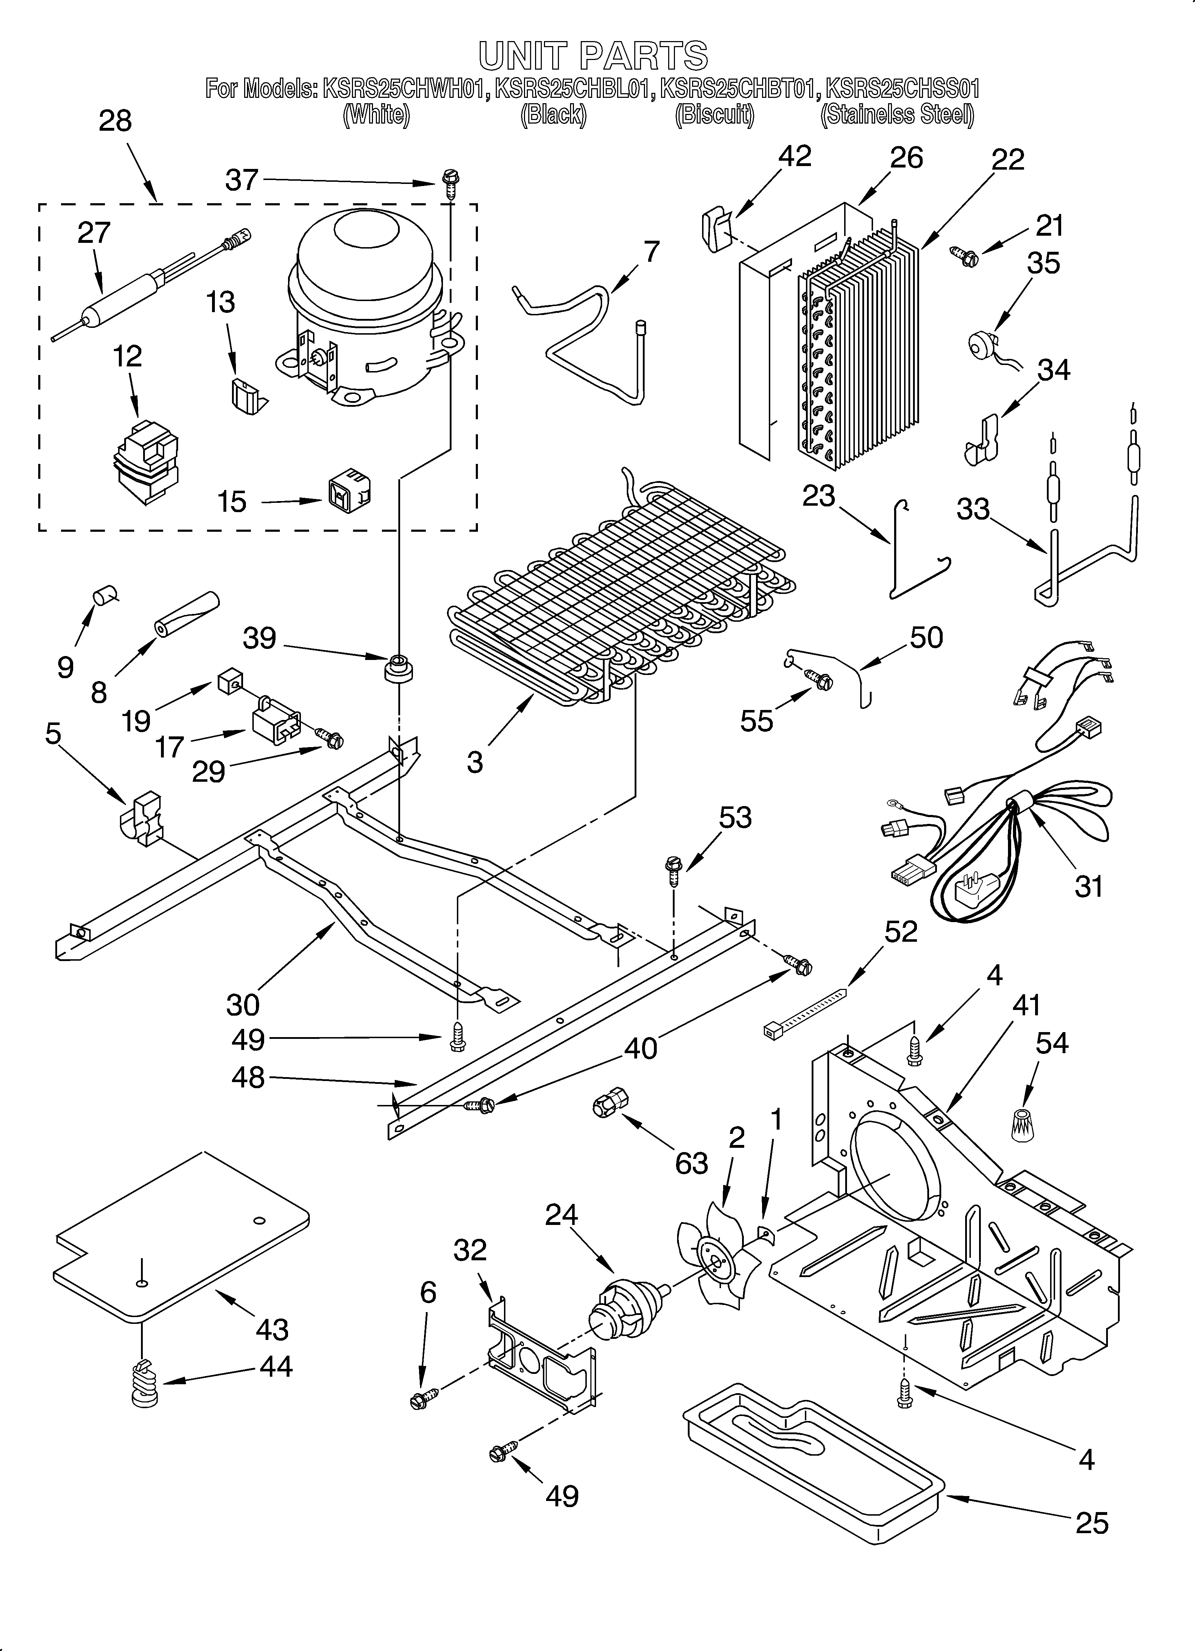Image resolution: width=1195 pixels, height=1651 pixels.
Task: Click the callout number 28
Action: tap(115, 121)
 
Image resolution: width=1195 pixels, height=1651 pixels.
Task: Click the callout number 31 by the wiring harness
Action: tap(1089, 887)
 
